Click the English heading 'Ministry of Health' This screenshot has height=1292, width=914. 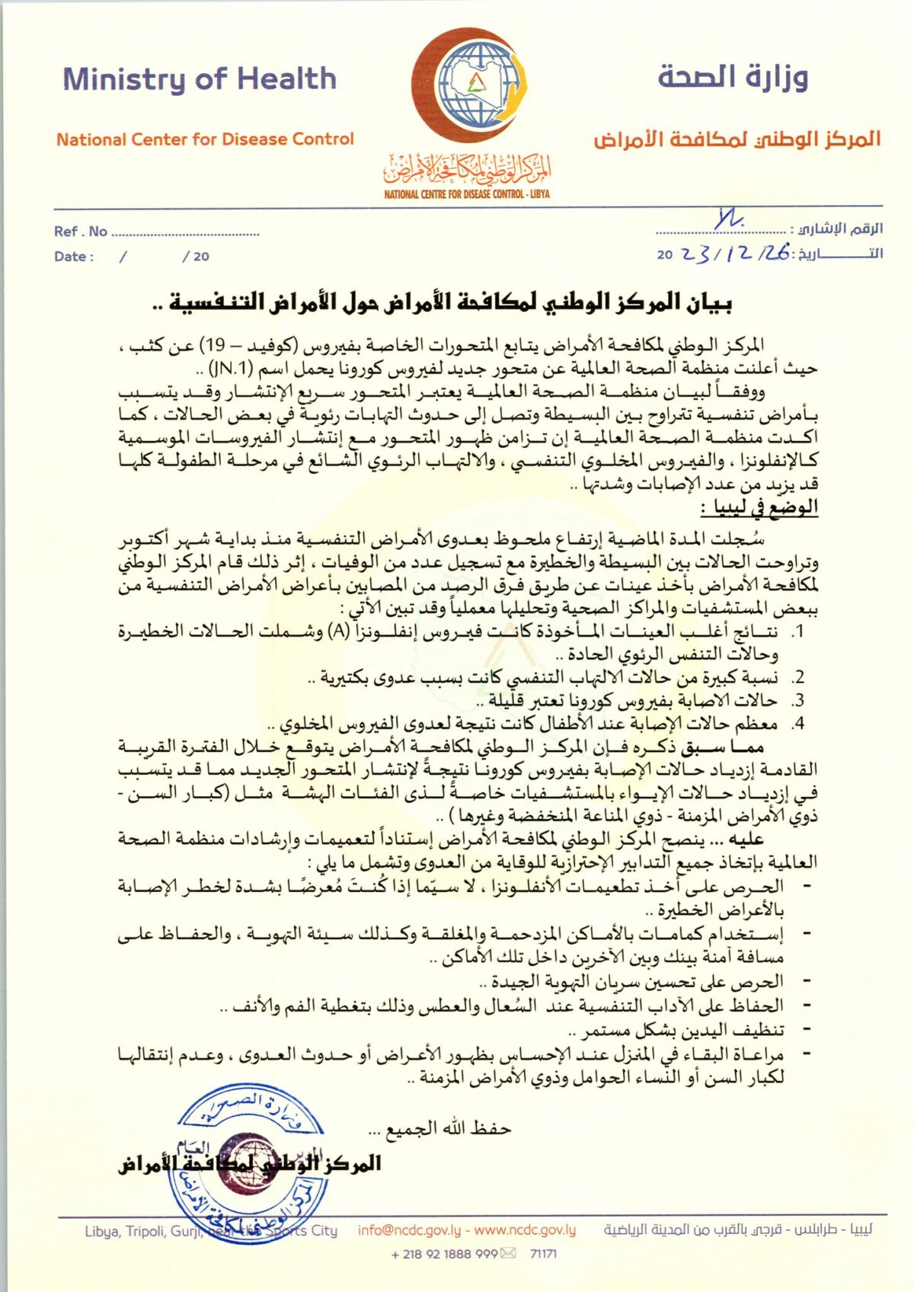(200, 79)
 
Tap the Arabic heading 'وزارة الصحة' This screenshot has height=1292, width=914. (732, 77)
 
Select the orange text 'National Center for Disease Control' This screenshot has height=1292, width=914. (205, 139)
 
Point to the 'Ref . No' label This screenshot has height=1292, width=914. (80, 232)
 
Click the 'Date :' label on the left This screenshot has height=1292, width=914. (74, 257)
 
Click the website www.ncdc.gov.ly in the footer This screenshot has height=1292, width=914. (525, 1230)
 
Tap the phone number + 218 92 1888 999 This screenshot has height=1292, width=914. (444, 1254)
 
